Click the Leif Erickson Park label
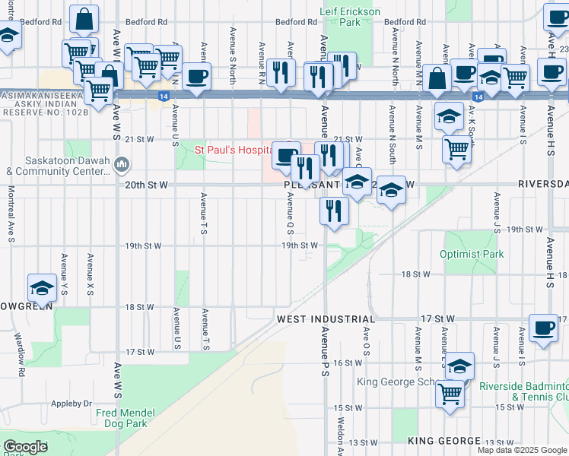(340, 17)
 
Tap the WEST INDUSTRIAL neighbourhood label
(326, 320)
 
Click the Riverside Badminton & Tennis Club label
(523, 391)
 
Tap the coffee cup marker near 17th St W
(543, 328)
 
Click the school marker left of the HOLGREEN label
(42, 288)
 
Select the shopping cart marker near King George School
(450, 393)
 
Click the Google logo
(25, 446)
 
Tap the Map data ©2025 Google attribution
(522, 450)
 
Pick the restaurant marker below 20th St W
(333, 211)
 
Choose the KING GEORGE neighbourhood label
(443, 441)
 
